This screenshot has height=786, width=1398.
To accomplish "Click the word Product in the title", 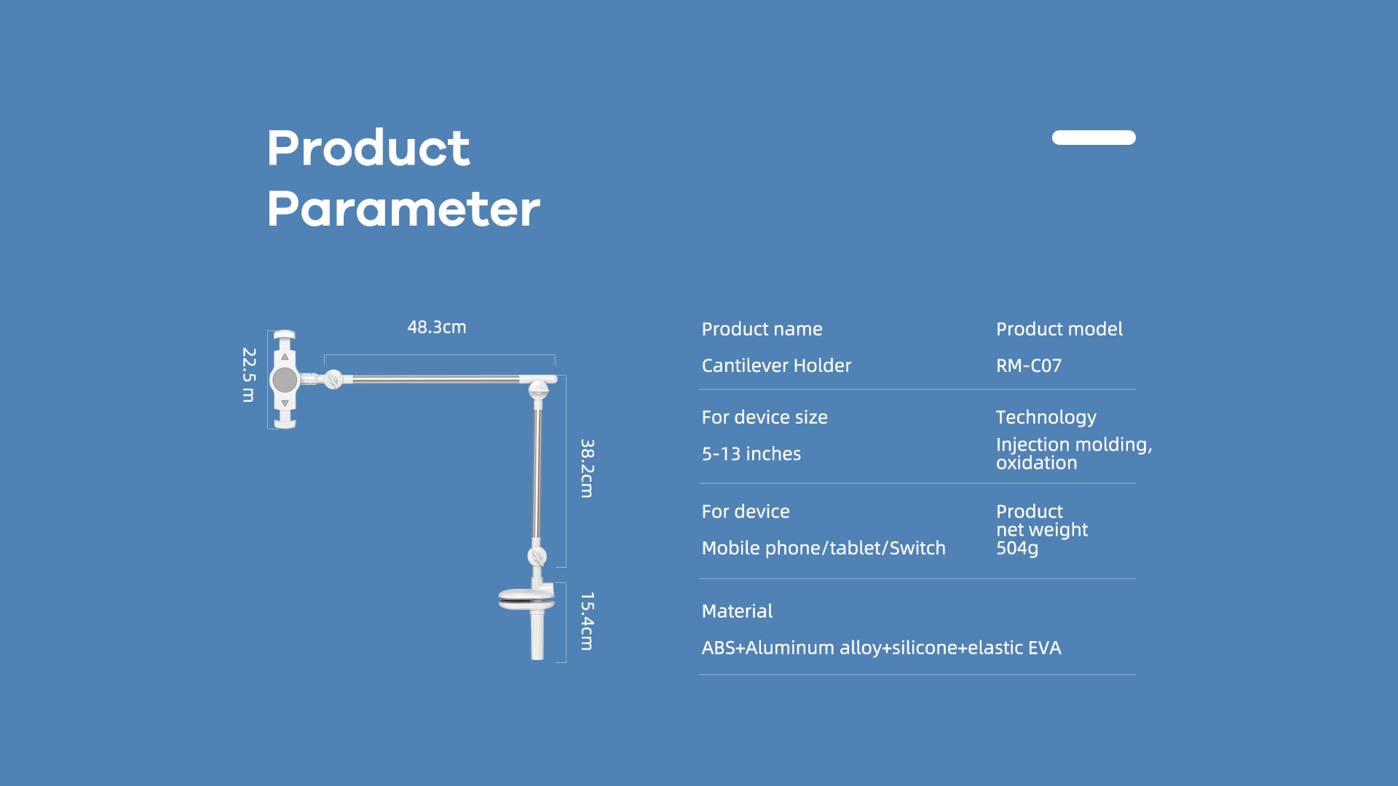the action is [368, 148].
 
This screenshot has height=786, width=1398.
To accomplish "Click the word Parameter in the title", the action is [403, 209].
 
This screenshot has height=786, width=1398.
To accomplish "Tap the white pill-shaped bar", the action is [1094, 138].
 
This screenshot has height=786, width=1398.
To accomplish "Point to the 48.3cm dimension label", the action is [437, 327].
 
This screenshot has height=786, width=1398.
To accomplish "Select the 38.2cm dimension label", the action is [588, 468].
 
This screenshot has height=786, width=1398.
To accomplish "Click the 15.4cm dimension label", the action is [588, 621].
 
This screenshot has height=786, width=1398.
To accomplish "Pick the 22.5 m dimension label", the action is [249, 375].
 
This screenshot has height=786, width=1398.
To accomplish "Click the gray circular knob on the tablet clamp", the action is [284, 379].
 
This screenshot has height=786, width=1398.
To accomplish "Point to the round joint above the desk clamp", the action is [537, 557].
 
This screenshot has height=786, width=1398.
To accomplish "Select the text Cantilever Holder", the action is [776, 365].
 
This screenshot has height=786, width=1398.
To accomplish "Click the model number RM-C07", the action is [1029, 365].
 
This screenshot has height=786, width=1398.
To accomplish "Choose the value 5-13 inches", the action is [751, 454].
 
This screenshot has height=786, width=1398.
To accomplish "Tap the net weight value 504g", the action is [1017, 548].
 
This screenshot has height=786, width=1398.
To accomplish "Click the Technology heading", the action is [1046, 417].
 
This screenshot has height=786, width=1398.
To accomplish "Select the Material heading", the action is [737, 611].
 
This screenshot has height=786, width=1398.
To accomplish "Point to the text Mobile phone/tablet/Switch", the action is [824, 548].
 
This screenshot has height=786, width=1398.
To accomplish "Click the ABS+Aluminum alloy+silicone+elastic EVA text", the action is [881, 648].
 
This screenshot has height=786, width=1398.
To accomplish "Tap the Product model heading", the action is [1059, 329].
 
